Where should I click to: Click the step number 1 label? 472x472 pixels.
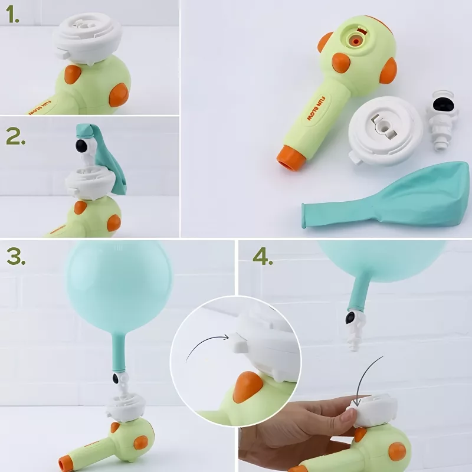point(12,14)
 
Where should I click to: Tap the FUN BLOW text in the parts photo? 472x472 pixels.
point(316,109)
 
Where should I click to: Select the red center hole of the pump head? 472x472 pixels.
point(356,40)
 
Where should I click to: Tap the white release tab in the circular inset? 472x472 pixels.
point(240,343)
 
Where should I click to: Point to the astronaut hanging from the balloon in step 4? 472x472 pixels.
point(355,330)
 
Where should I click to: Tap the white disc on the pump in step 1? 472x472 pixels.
point(87,38)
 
